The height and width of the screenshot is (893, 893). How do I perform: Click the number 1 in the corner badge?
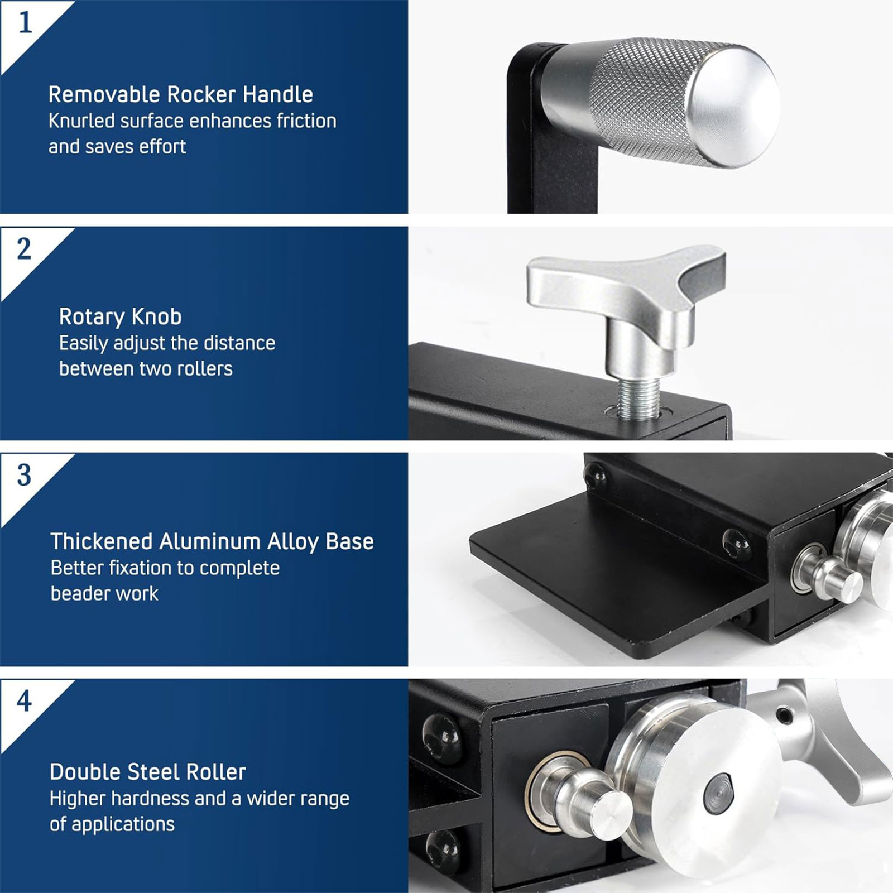click(25, 23)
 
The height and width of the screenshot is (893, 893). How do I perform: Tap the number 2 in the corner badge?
click(24, 249)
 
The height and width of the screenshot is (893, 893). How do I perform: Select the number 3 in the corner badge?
click(24, 475)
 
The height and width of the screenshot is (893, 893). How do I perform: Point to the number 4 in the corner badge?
click(24, 701)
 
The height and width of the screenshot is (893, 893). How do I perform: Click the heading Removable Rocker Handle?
click(181, 94)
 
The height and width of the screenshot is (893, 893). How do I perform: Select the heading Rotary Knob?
click(121, 317)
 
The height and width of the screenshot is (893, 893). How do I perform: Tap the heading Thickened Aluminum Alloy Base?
click(212, 541)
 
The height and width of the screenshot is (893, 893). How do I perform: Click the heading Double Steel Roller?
click(148, 772)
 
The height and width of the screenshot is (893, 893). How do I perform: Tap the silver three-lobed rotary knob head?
click(625, 285)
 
